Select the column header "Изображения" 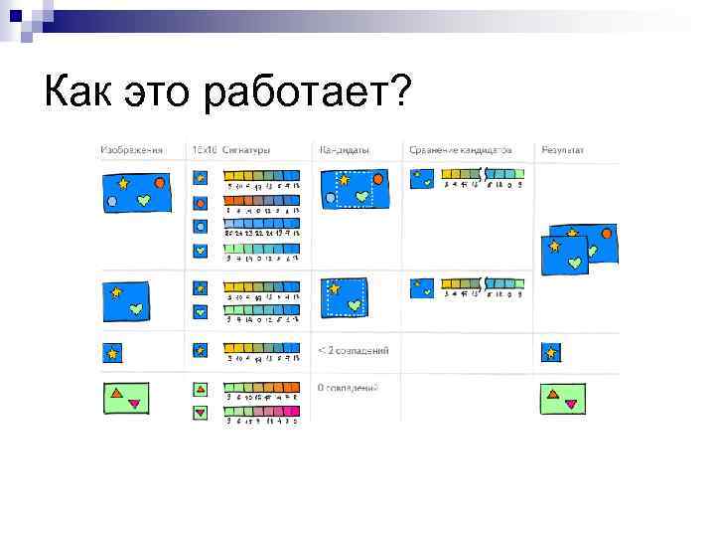click(x=131, y=150)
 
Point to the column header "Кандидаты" click(x=345, y=150)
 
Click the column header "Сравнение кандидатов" click(x=460, y=150)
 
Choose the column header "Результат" click(x=562, y=150)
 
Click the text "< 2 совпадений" click(x=353, y=350)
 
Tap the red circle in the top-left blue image click(x=160, y=182)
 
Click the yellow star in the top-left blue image click(x=123, y=183)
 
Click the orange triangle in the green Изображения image click(x=118, y=394)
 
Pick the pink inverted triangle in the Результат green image click(x=571, y=403)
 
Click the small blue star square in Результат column click(x=551, y=352)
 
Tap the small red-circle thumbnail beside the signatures click(x=200, y=203)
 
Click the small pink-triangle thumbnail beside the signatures click(x=200, y=411)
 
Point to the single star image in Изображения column click(x=112, y=352)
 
